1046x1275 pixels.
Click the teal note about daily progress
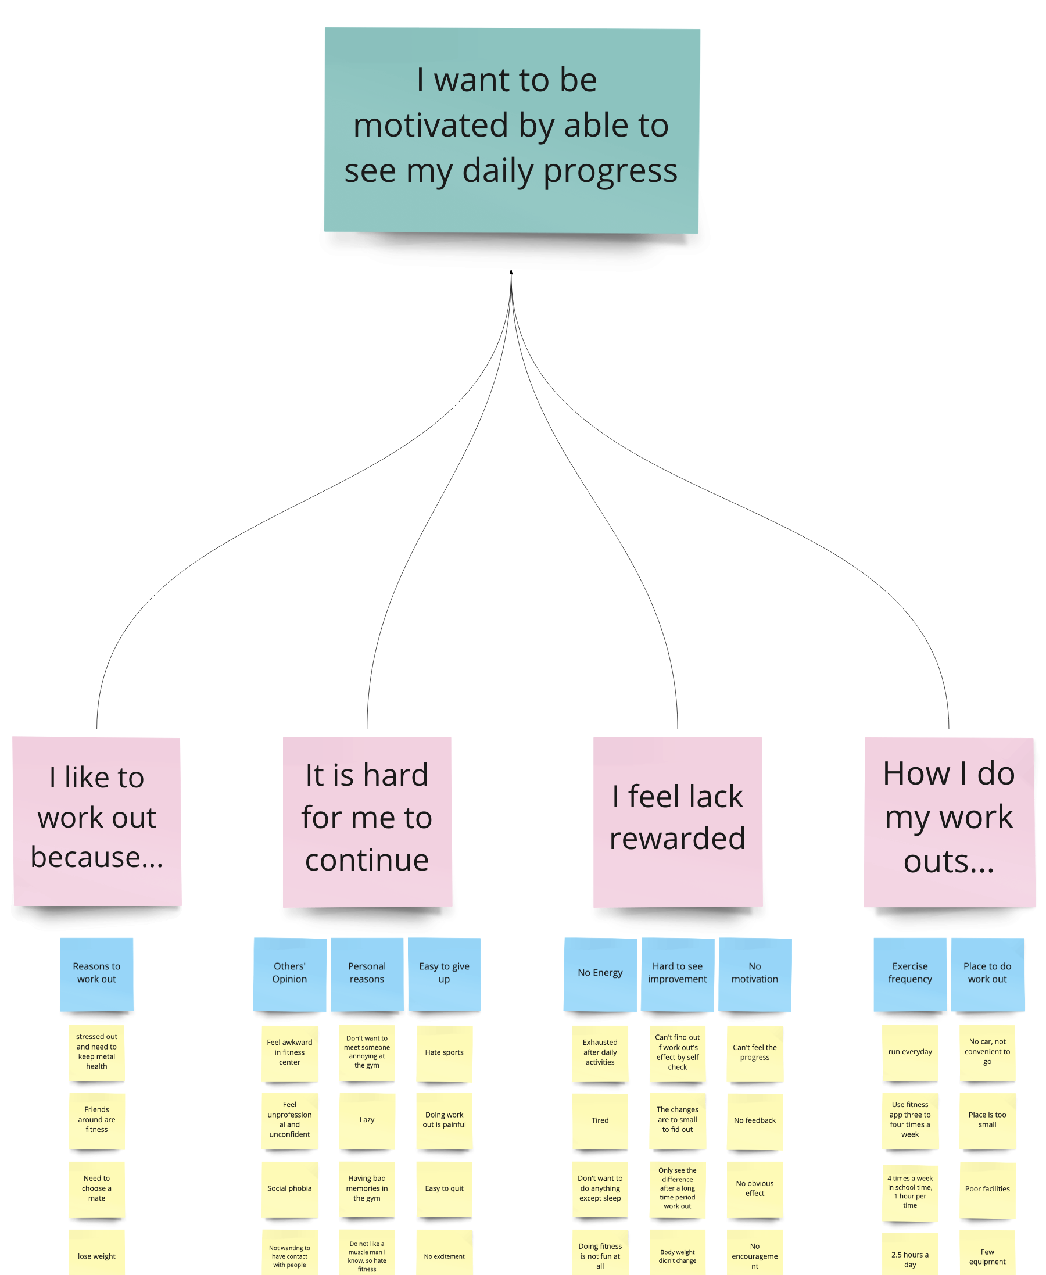(511, 130)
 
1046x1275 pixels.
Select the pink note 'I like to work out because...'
(96, 821)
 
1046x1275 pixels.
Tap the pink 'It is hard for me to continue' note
(367, 821)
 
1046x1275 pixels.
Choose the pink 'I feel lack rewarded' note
(678, 821)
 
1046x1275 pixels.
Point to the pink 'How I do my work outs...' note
(949, 821)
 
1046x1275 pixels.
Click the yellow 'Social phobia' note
(289, 1189)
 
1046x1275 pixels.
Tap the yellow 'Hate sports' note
(444, 1052)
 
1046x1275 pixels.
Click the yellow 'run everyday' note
(910, 1052)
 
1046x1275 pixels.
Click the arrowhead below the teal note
(511, 273)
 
